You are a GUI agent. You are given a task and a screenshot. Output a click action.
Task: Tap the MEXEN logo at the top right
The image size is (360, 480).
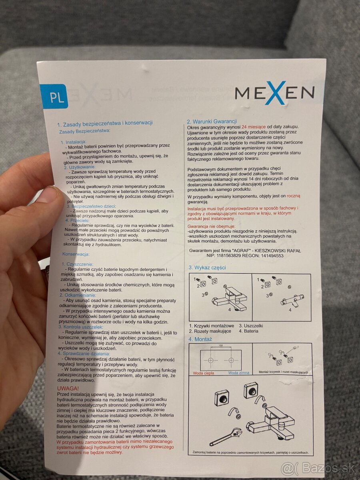[x=274, y=93]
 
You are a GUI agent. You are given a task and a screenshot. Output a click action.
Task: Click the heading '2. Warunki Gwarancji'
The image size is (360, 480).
[x=212, y=121]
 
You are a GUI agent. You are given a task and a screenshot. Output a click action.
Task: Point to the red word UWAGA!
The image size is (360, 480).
[x=68, y=388]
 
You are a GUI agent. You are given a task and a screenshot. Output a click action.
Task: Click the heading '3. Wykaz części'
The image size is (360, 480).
[x=207, y=268]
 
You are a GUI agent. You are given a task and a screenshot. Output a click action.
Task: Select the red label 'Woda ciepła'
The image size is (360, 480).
[x=203, y=373]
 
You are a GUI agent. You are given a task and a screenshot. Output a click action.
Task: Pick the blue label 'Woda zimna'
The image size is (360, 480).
[x=239, y=373]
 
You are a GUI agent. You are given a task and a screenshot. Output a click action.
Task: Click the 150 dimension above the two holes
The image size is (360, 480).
[x=220, y=346]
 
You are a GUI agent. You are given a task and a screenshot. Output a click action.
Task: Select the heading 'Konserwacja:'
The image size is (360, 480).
[x=76, y=254]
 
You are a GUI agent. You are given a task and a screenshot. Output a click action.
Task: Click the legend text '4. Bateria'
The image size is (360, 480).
[x=248, y=331]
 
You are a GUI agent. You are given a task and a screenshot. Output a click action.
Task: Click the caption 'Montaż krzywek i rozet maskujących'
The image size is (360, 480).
[x=283, y=372]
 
